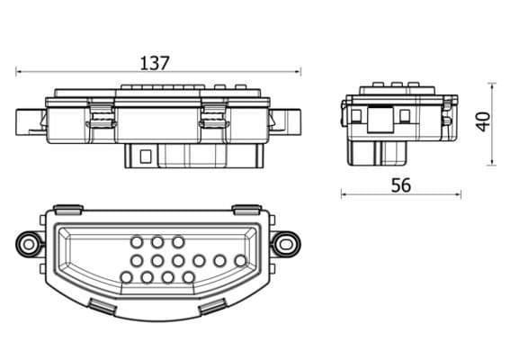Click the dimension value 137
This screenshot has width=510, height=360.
click(x=155, y=63)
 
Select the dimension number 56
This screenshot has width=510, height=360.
click(x=401, y=184)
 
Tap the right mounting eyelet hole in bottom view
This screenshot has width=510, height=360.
click(x=287, y=242)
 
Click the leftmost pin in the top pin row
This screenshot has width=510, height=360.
click(x=136, y=241)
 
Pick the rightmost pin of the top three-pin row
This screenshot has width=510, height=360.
click(x=178, y=241)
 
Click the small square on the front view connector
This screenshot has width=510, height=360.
click(x=144, y=155)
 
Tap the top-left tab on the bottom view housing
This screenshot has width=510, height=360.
click(x=66, y=208)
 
